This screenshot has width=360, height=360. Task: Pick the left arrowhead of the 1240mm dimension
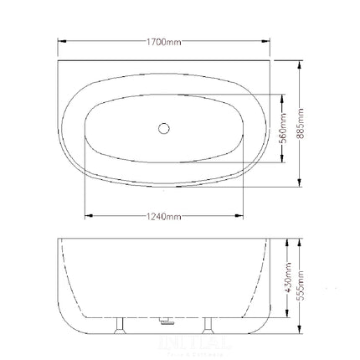88,217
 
